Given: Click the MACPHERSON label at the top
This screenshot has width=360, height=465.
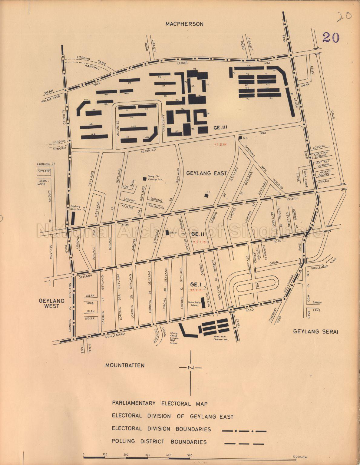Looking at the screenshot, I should pyautogui.click(x=184, y=24).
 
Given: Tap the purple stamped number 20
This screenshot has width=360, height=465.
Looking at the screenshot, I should pyautogui.click(x=331, y=37).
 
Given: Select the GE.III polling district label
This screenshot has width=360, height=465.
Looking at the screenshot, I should pyautogui.click(x=220, y=128).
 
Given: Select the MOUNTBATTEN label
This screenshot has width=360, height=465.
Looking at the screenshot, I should pyautogui.click(x=125, y=365).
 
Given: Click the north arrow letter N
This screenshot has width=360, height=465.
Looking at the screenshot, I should pyautogui.click(x=190, y=368).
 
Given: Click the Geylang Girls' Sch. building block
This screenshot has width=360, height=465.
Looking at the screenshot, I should pyautogui.click(x=73, y=218).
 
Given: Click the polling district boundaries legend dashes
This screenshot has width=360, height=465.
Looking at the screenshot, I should pyautogui.click(x=244, y=444).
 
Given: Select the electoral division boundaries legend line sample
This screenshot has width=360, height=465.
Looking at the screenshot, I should pyautogui.click(x=244, y=431).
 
